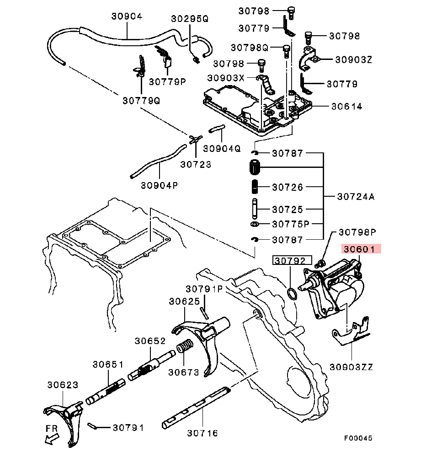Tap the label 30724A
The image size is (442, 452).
pos(356,197)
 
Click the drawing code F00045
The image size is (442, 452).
pos(358,438)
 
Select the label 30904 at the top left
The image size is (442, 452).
pos(127,16)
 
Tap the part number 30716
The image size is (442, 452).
pos(202,432)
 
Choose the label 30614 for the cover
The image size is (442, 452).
pos(346,107)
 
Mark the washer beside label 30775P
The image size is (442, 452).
pos(255,224)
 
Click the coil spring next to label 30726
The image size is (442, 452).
pos(255,187)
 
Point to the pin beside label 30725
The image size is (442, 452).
pos(255,209)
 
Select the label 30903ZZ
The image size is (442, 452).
pos(351,367)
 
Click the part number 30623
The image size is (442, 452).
pos(63,385)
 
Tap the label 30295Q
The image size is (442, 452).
pos(190,19)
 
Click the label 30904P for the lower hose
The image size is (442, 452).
pos(160,185)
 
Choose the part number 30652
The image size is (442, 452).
pos(150,341)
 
